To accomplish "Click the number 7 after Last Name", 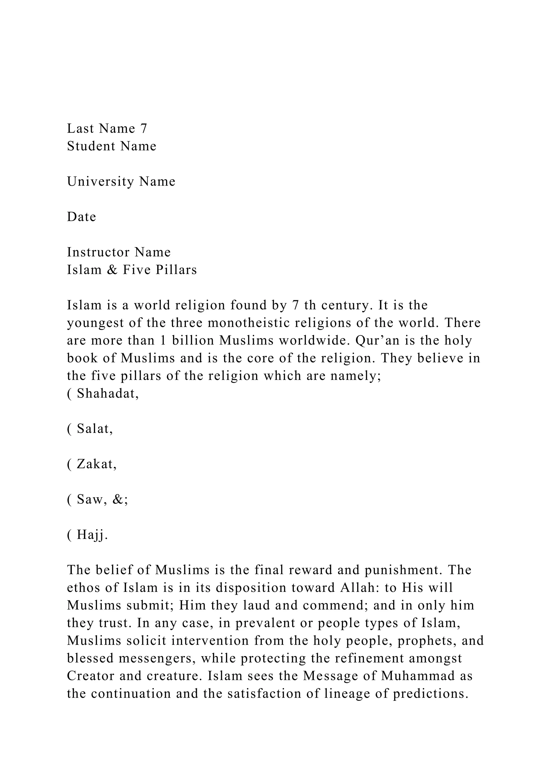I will pyautogui.click(x=143, y=129).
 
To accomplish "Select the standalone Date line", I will pyautogui.click(x=81, y=217).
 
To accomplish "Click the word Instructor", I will pyautogui.click(x=98, y=252).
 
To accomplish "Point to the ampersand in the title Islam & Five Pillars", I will pyautogui.click(x=112, y=270).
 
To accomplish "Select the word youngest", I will pyautogui.click(x=95, y=323).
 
